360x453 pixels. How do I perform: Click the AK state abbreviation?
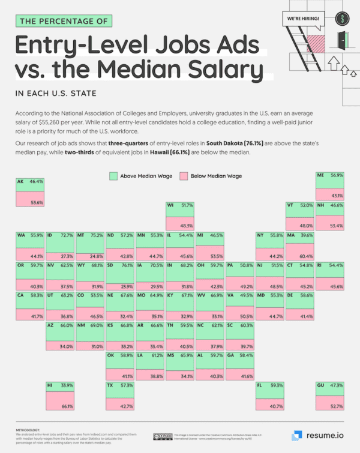21,181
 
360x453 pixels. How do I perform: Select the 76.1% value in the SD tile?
128,264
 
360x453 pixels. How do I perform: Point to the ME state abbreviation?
320,176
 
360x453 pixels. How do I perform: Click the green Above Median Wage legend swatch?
113,176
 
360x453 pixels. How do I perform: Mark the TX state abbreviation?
111,385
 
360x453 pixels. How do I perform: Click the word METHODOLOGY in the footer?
29,430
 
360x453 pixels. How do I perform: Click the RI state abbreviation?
320,265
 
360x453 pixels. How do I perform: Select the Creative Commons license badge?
162,436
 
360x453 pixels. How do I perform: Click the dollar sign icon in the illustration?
344,19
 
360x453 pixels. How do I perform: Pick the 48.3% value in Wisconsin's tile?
187,225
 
